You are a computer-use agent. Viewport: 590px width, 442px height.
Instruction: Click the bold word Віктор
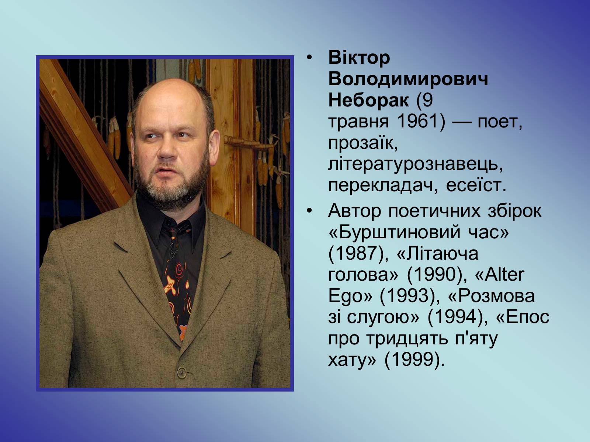tap(359, 58)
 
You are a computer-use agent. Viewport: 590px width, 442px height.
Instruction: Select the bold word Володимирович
tap(408, 79)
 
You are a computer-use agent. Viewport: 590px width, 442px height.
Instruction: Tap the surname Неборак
tap(368, 100)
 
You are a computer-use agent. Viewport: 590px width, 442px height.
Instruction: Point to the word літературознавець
tap(416, 164)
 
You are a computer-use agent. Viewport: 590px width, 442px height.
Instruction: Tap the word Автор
tap(354, 211)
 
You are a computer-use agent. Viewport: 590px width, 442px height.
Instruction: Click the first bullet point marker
tap(310, 58)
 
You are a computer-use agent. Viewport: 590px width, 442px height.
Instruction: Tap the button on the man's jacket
tap(182, 372)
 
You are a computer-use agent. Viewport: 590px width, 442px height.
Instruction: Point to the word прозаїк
tap(363, 143)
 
